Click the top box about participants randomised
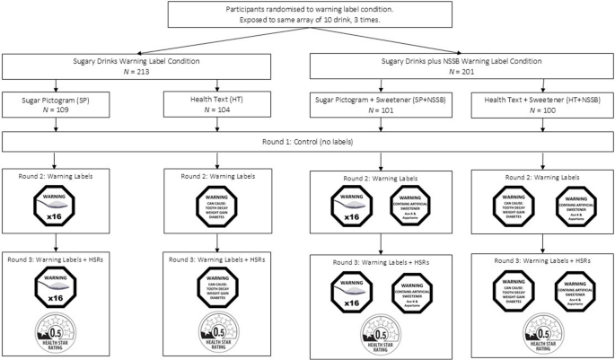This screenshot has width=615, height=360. click(307, 15)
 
